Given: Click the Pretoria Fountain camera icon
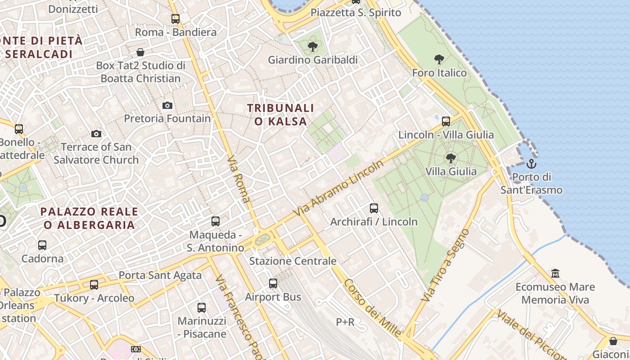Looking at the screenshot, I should tap(167, 105).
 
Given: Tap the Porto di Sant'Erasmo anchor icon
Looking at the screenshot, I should tap(531, 163).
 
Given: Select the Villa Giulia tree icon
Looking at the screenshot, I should tap(450, 158).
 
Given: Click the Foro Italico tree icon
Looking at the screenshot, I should tap(439, 59).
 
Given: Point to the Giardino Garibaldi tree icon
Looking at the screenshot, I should tap(312, 46).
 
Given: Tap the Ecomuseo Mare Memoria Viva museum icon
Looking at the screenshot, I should tap(555, 273).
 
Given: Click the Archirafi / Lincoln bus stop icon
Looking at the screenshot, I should tap(374, 208).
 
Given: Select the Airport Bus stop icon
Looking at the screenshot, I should tap(273, 283).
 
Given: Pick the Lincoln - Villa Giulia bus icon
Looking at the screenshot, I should tap(446, 121).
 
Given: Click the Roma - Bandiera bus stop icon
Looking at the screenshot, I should tap(175, 19).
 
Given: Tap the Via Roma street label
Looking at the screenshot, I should tap(239, 179).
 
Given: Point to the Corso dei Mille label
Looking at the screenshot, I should tap(372, 308).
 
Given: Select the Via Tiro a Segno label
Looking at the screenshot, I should tap(445, 265).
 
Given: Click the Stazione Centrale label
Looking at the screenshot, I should tap(293, 261).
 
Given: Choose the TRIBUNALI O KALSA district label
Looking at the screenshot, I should tap(280, 115).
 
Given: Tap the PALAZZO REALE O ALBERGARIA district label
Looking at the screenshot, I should tap(89, 218).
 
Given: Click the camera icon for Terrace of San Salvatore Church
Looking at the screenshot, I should tap(96, 134).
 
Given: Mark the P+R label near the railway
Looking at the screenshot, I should tap(345, 322).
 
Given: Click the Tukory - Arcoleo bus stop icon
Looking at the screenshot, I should tap(94, 284).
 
